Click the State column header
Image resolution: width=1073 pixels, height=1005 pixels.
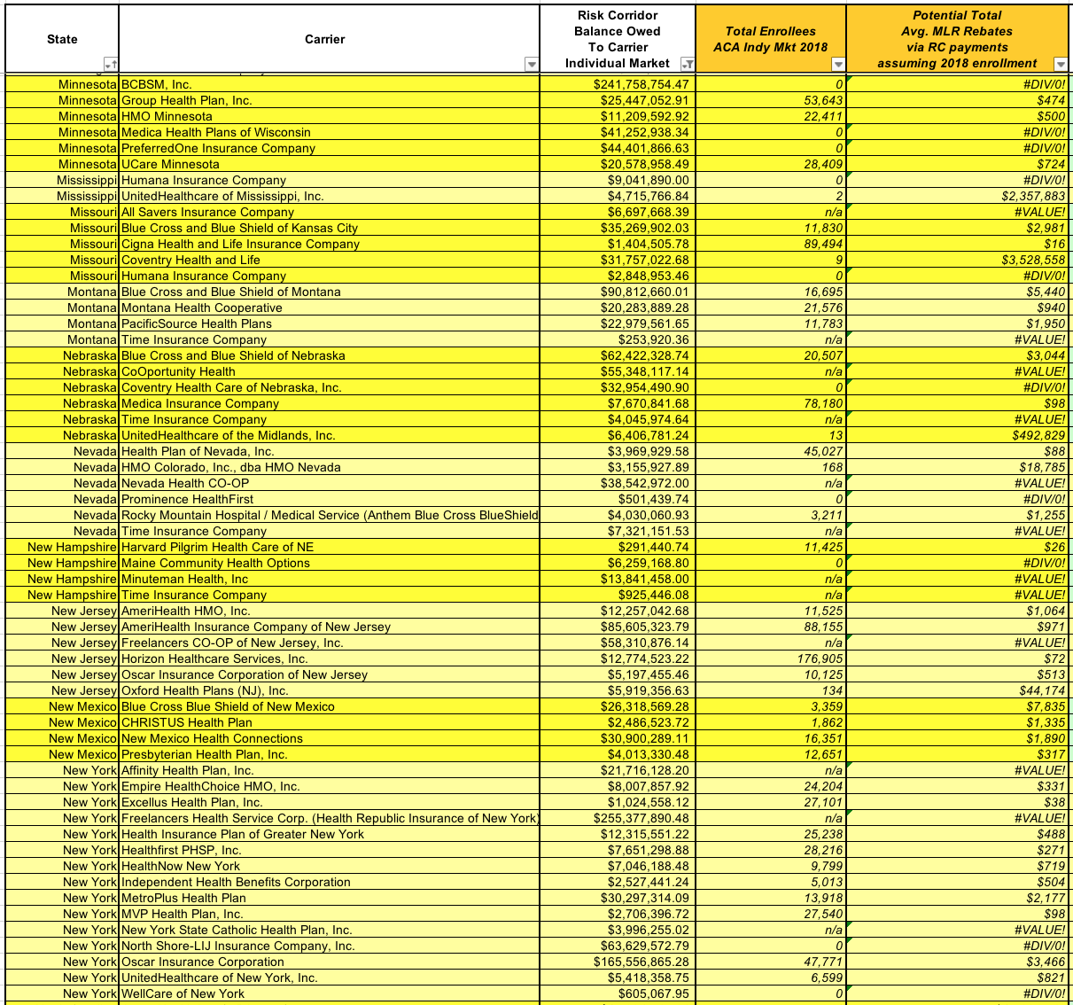click(x=62, y=39)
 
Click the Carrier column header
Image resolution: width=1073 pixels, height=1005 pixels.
click(x=324, y=39)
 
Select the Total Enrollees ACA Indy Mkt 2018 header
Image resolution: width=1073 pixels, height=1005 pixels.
click(x=770, y=39)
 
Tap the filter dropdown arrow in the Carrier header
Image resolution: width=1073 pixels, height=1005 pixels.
click(x=532, y=64)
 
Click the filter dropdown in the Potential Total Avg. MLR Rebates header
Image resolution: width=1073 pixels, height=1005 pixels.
click(x=1060, y=64)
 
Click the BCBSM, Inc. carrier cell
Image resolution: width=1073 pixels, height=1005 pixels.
click(x=157, y=84)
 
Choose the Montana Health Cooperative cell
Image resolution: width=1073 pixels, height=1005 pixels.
click(x=202, y=308)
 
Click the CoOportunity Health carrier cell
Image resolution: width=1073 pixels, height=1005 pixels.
click(x=178, y=371)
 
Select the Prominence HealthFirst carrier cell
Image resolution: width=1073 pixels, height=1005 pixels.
click(x=187, y=499)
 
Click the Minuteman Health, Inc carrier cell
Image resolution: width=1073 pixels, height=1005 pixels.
click(x=184, y=579)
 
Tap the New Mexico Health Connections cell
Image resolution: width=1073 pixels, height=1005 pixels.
click(x=212, y=738)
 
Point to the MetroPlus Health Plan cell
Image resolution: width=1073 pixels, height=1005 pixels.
click(x=183, y=898)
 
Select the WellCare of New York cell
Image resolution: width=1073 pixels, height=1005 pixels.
click(x=183, y=993)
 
